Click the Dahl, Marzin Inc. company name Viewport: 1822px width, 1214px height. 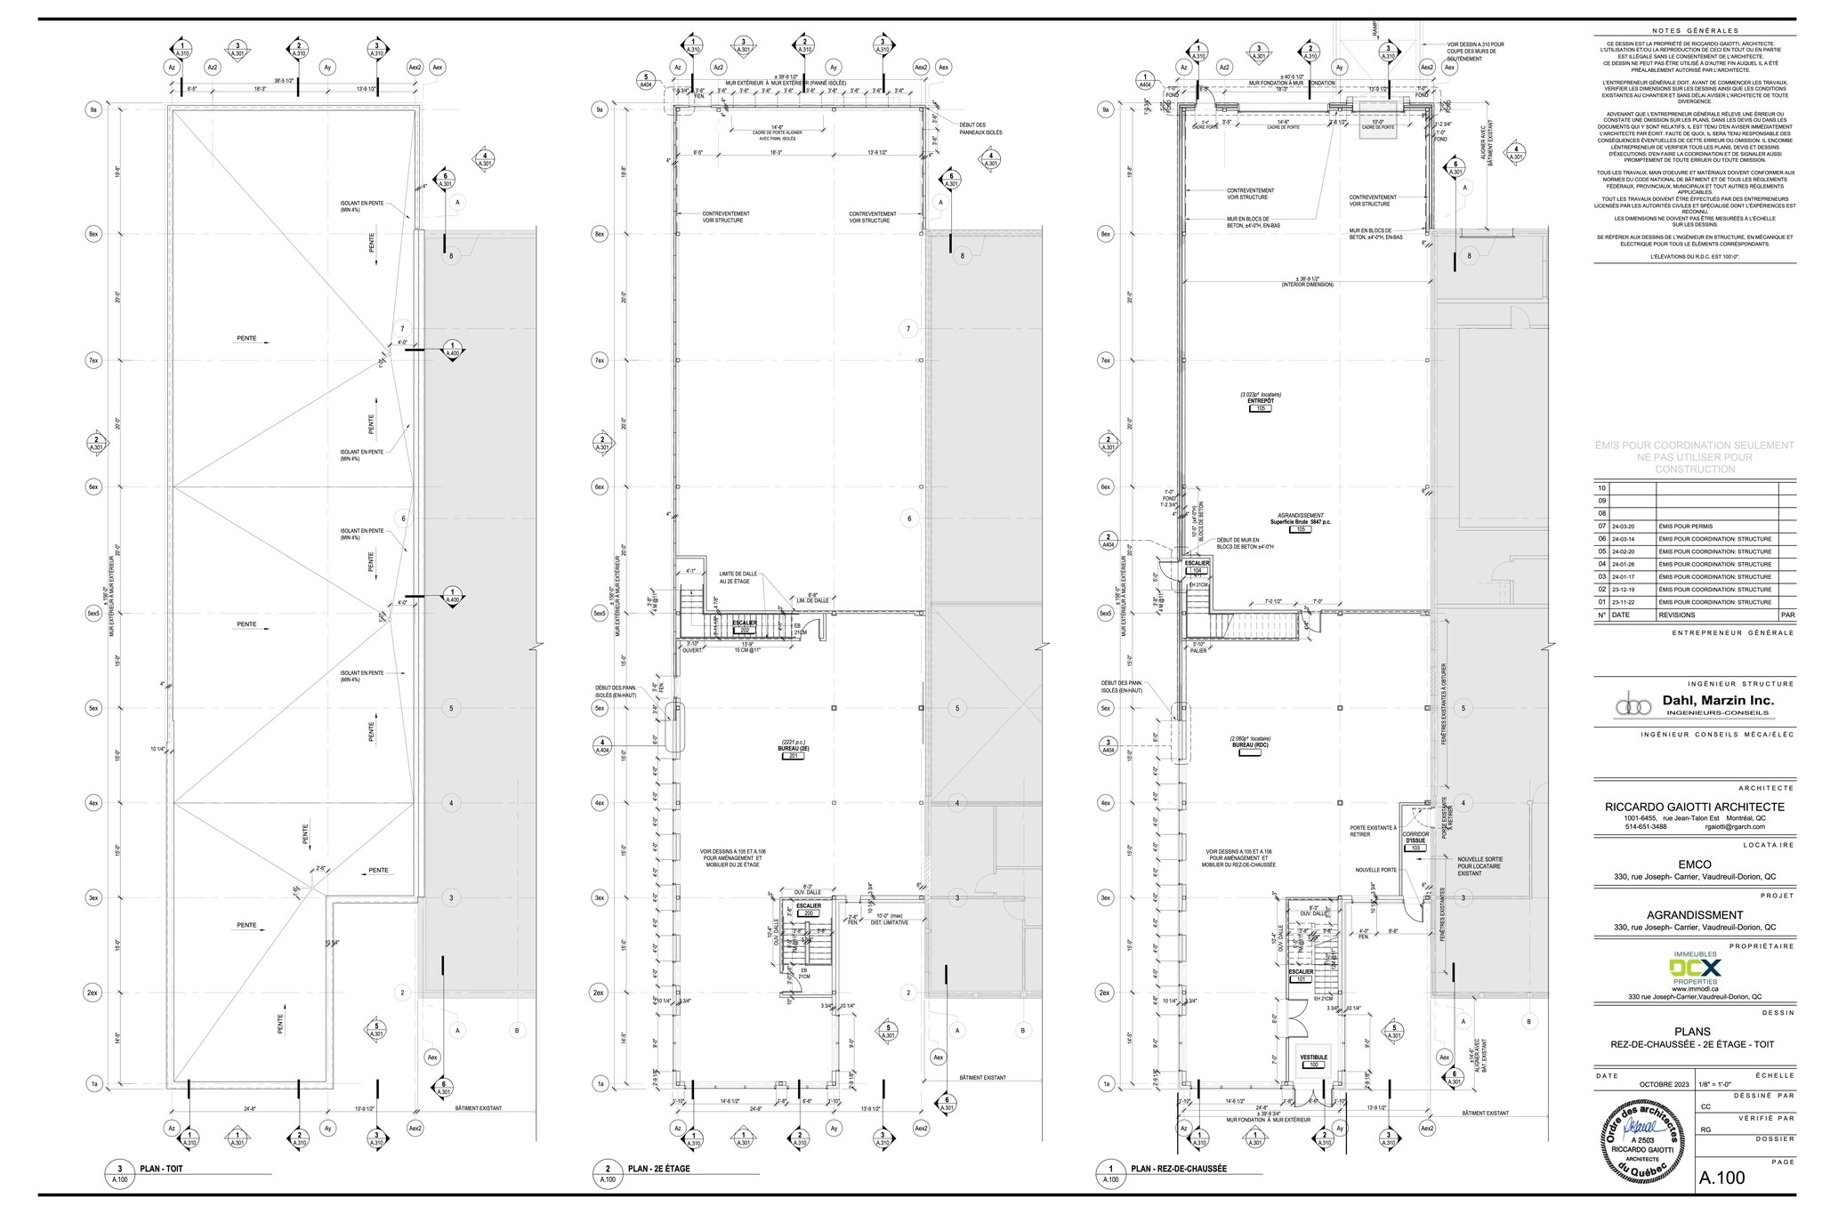click(x=1718, y=701)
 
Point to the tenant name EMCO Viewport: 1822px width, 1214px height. click(x=1694, y=864)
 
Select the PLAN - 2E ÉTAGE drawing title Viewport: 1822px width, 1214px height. click(x=659, y=1169)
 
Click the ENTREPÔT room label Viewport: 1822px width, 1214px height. click(x=1261, y=401)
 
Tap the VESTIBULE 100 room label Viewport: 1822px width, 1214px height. click(x=1313, y=1057)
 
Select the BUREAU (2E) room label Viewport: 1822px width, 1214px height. click(x=793, y=749)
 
